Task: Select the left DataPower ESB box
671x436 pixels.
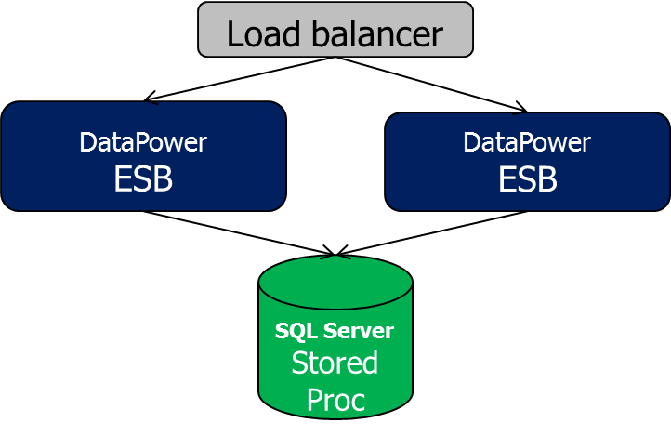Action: click(143, 156)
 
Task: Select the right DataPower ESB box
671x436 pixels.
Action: click(527, 161)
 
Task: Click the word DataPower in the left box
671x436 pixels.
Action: click(143, 142)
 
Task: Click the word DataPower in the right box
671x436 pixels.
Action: click(527, 142)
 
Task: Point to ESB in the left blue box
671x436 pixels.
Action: click(143, 178)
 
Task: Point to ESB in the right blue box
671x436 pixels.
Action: click(527, 178)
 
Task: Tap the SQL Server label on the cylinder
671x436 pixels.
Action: click(335, 331)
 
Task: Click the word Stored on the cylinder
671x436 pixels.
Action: click(335, 363)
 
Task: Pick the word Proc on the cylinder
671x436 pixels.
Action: click(335, 399)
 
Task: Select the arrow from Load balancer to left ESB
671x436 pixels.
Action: click(237, 78)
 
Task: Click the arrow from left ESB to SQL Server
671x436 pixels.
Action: click(237, 232)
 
